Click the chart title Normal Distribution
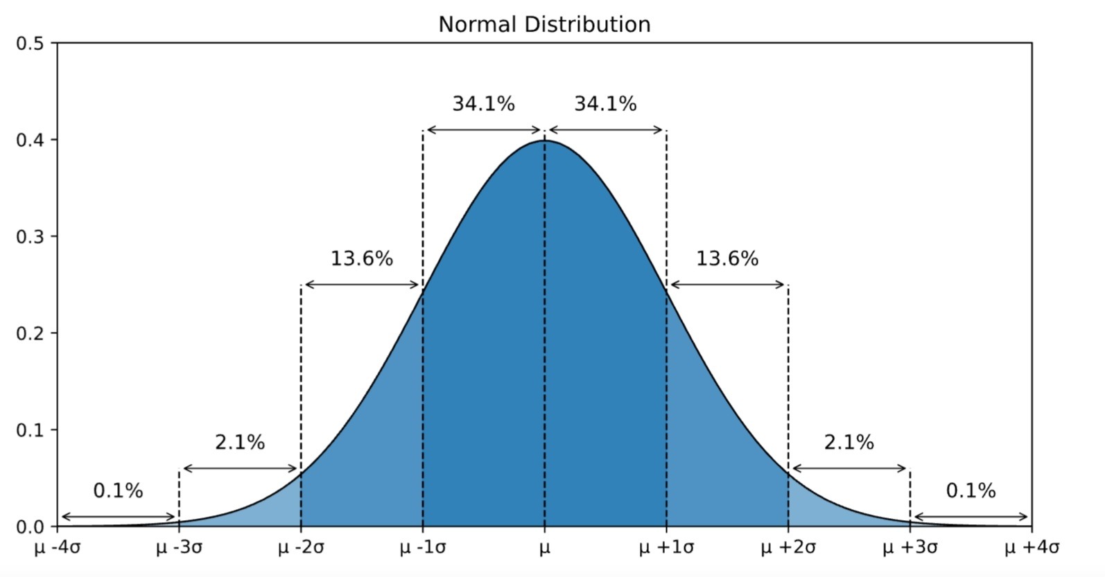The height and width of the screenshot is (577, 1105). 544,24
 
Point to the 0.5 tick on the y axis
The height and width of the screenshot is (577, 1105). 29,44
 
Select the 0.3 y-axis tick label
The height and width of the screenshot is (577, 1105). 29,237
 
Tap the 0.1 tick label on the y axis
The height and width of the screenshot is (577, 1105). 29,430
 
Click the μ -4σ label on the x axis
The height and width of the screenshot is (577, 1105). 58,548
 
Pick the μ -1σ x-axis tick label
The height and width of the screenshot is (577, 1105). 423,548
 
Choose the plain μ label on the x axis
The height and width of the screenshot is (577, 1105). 545,548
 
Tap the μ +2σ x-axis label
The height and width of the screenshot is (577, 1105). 788,548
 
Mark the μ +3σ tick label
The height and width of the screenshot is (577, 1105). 910,548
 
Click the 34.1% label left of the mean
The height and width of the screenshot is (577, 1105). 484,104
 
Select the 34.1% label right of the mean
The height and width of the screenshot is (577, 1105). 605,104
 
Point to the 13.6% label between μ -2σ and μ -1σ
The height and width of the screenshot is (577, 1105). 362,259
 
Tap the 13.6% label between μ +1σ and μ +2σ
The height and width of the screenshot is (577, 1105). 727,259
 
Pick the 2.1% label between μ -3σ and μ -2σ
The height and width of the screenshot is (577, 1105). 240,443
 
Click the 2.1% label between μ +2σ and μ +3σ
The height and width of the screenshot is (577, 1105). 849,443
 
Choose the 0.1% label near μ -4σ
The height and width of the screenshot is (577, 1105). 118,491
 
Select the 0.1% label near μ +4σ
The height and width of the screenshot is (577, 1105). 971,491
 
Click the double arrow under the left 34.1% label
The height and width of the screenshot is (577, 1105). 484,130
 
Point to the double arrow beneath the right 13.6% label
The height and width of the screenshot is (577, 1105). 727,285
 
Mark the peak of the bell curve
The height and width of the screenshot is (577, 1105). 545,141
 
